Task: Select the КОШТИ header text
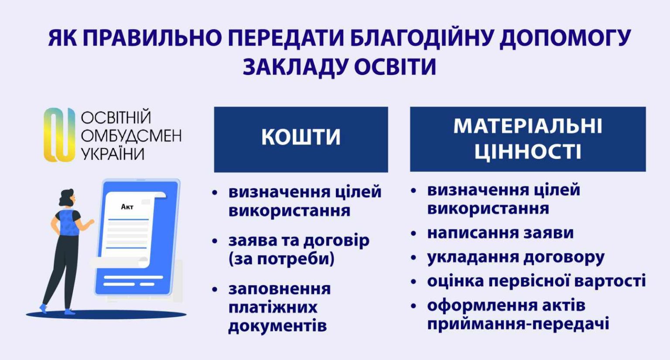point(301,137)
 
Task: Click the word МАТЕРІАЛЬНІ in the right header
point(528,126)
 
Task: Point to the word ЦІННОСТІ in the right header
point(528,151)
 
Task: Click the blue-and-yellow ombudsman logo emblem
point(59,135)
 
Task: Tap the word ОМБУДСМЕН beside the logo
point(131,136)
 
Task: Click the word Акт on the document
point(127,207)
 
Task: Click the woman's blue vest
point(67,223)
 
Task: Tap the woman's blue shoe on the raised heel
point(44,308)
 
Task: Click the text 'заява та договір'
point(299,240)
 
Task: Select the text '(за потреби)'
point(281,259)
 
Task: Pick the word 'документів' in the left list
point(277,326)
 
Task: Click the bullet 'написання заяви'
point(500,233)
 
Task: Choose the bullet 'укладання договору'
point(516,257)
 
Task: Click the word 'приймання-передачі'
point(518,324)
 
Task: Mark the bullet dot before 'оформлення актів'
point(414,306)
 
